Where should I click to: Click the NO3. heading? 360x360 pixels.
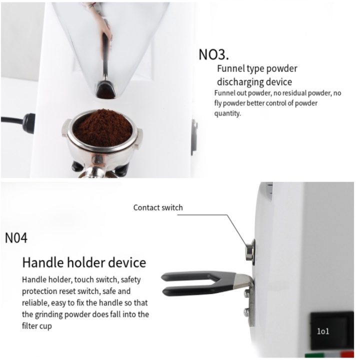click(213, 54)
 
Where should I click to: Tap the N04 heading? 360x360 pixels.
click(16, 238)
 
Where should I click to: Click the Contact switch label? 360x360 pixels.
click(158, 207)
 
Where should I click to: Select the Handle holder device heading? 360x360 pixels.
click(84, 262)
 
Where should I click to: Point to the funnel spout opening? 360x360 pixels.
click(105, 91)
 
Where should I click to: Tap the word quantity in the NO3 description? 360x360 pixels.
click(227, 113)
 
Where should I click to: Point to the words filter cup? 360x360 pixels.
click(37, 326)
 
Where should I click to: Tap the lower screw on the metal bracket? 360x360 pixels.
click(247, 311)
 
